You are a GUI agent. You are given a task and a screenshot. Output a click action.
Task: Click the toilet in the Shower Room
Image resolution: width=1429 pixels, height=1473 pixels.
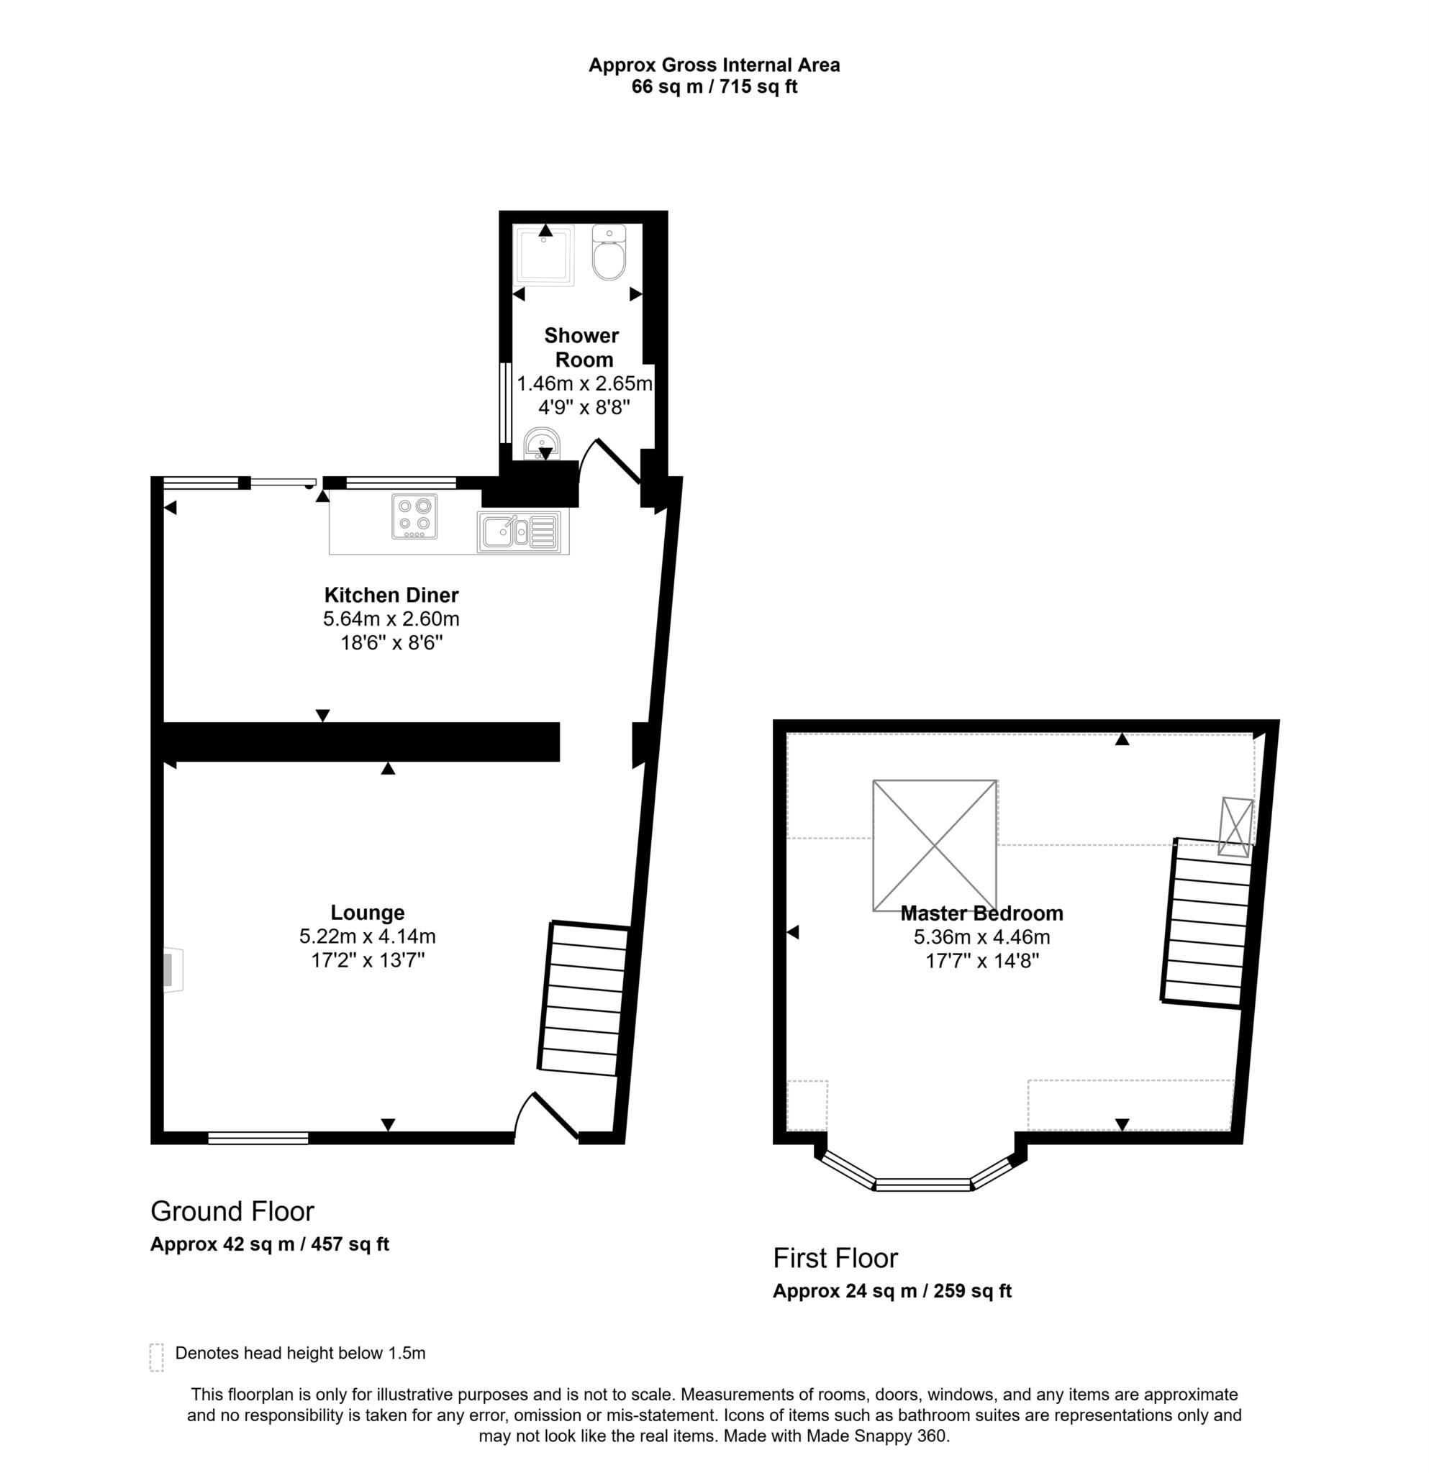(x=608, y=253)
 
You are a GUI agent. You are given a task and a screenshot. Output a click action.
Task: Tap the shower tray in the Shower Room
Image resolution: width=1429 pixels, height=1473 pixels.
(x=545, y=255)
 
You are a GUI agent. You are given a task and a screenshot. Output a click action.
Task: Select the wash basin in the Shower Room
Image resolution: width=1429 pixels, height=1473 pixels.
(x=540, y=443)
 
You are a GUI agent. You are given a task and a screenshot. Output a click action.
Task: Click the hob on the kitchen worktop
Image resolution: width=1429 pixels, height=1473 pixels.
(x=414, y=516)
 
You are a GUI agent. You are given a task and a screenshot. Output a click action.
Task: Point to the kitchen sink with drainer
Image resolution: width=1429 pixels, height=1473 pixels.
(x=519, y=532)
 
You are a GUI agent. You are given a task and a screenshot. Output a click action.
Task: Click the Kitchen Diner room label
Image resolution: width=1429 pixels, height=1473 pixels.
(x=391, y=596)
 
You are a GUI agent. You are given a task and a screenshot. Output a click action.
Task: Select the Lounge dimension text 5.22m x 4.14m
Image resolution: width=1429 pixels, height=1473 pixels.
(x=367, y=936)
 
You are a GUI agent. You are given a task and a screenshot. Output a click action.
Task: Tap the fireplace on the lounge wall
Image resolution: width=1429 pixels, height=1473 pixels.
(x=172, y=970)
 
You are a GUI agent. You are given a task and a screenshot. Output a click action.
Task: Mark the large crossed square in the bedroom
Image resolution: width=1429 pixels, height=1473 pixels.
(x=935, y=846)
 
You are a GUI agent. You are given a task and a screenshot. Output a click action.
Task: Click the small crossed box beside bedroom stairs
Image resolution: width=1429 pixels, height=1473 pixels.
(x=1235, y=826)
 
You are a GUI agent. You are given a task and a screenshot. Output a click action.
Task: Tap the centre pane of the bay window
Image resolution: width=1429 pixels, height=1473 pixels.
(x=923, y=1185)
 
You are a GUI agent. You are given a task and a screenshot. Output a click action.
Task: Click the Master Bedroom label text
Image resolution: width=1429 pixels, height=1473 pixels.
(x=981, y=913)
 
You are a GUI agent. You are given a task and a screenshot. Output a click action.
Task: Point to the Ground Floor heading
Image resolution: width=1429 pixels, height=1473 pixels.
(x=232, y=1210)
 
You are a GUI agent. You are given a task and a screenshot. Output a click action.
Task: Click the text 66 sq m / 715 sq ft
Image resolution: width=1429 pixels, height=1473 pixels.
(x=713, y=86)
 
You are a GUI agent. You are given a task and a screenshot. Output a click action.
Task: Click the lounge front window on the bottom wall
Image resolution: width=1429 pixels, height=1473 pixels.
(x=258, y=1138)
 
